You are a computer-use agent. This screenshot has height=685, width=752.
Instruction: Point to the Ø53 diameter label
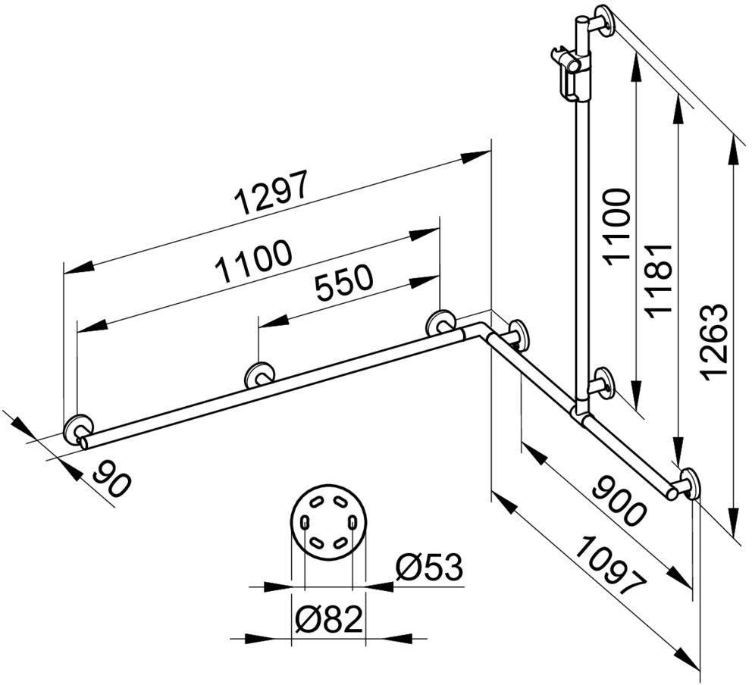[x=429, y=567]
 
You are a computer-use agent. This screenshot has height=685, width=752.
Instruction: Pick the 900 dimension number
[x=619, y=500]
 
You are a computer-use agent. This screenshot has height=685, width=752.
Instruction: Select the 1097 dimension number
[x=609, y=565]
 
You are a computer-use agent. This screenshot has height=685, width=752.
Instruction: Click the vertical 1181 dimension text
[x=658, y=279]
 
